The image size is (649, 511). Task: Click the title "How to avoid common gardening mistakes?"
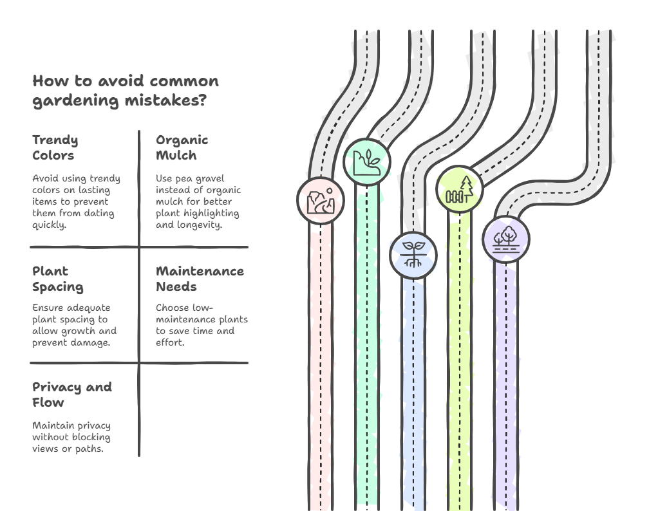[126, 91]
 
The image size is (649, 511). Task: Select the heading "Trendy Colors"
[55, 147]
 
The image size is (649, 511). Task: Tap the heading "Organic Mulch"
[182, 147]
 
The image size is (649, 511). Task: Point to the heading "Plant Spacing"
[57, 279]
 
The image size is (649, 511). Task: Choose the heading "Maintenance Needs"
[200, 279]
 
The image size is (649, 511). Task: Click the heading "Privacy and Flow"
[72, 395]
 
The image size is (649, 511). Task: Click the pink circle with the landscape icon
[321, 200]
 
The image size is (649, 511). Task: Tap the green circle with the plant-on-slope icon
[367, 162]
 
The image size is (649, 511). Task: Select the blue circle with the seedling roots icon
[413, 255]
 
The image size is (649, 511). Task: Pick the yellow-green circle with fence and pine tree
[460, 189]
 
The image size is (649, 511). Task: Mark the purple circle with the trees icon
[506, 239]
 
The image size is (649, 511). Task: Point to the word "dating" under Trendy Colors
[97, 213]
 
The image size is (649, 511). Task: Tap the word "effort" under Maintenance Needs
[170, 342]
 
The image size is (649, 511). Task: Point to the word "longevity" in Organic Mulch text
[200, 225]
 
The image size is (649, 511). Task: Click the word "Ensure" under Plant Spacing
[48, 308]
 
